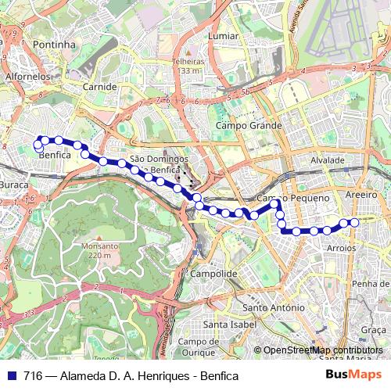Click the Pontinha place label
point(54,45)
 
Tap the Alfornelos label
point(27,77)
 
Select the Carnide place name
point(99,87)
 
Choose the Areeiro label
point(361,194)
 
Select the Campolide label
point(213,274)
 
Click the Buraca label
point(14,185)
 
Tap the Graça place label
point(374,331)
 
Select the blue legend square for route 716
point(12,375)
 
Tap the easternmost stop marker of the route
point(354,223)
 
